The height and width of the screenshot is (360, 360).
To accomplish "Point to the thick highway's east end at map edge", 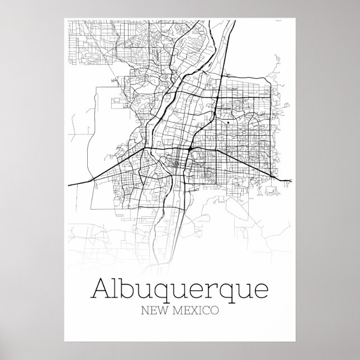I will pyautogui.click(x=291, y=180).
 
